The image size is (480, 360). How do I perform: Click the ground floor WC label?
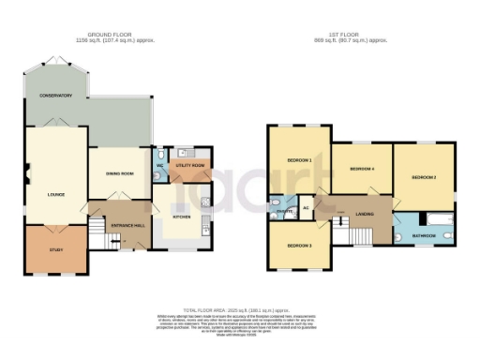[x=159, y=166]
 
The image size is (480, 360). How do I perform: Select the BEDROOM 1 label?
[x=298, y=160]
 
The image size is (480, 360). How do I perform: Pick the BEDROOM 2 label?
[x=424, y=177]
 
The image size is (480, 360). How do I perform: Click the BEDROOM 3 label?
[x=298, y=245]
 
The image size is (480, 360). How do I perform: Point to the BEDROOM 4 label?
[x=362, y=169]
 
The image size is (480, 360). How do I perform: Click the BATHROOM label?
[x=424, y=235]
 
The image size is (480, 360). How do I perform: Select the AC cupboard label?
[x=306, y=207]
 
